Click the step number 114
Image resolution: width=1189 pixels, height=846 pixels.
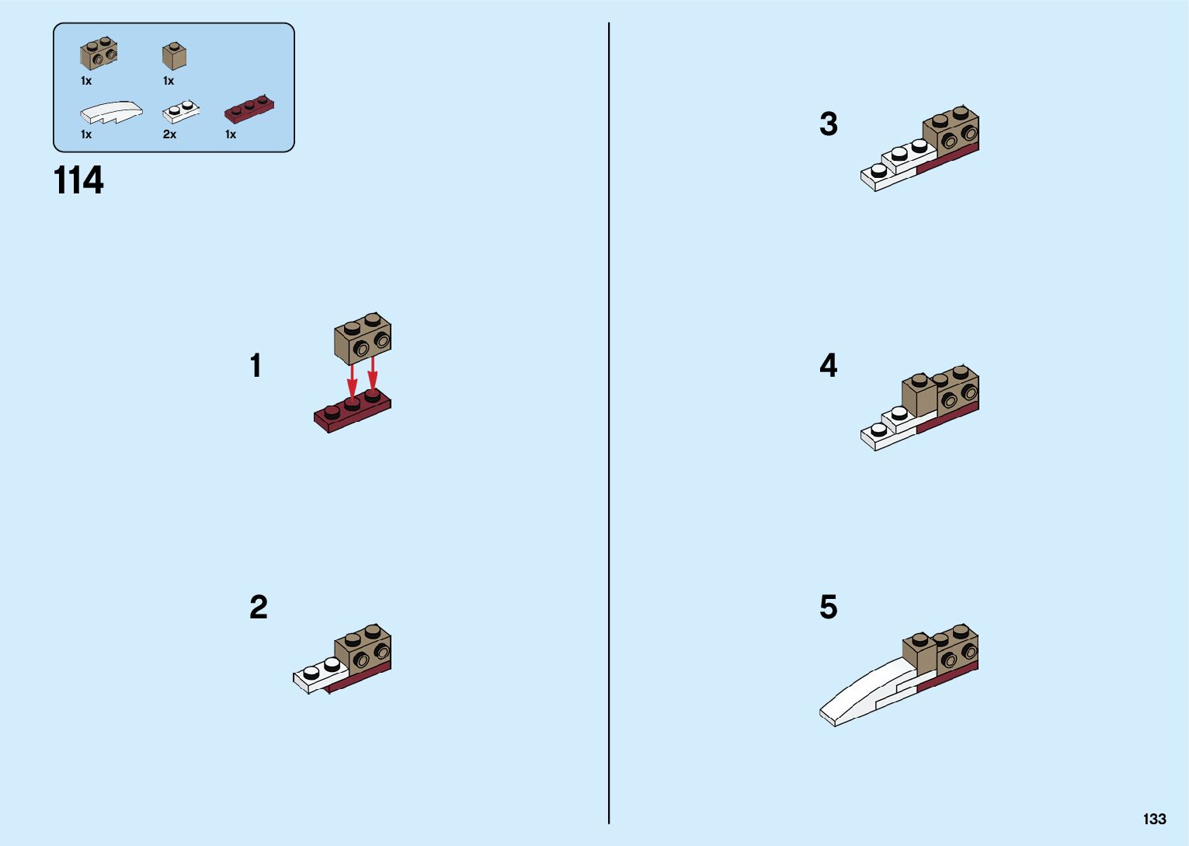(x=78, y=180)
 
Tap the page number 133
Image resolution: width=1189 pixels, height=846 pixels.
(x=1155, y=819)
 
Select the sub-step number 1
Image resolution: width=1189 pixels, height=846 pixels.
(x=256, y=366)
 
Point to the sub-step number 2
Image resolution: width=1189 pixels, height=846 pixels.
(x=259, y=607)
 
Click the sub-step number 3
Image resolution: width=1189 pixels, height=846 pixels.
(x=829, y=124)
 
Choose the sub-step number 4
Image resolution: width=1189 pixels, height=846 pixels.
(x=829, y=365)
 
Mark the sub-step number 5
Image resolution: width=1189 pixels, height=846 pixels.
(x=829, y=607)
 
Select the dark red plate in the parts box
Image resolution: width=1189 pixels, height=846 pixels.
(x=249, y=108)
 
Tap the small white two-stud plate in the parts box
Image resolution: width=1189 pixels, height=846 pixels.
(x=181, y=112)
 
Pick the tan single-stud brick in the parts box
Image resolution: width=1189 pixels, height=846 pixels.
(x=174, y=56)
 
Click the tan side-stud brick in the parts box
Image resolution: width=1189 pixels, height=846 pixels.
(x=99, y=54)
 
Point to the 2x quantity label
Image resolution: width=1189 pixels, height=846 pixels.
(x=169, y=134)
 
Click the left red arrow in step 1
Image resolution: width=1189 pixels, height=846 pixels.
(x=351, y=381)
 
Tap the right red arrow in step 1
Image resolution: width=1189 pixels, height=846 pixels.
(x=373, y=374)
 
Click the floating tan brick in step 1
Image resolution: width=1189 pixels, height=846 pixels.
(x=363, y=338)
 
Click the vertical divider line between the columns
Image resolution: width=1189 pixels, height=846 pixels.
(x=609, y=423)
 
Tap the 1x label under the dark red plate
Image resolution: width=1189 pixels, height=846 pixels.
(x=231, y=134)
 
